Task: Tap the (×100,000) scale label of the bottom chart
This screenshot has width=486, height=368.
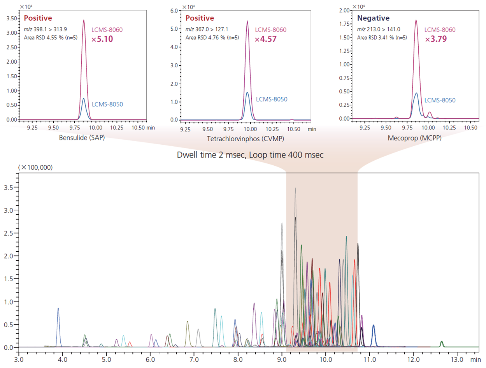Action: [35, 167]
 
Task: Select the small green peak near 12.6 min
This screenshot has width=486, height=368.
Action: [441, 342]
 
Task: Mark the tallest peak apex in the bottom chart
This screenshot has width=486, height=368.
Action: [295, 189]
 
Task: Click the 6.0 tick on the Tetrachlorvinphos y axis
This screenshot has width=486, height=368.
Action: [175, 11]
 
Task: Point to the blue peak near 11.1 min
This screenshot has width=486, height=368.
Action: [374, 326]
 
